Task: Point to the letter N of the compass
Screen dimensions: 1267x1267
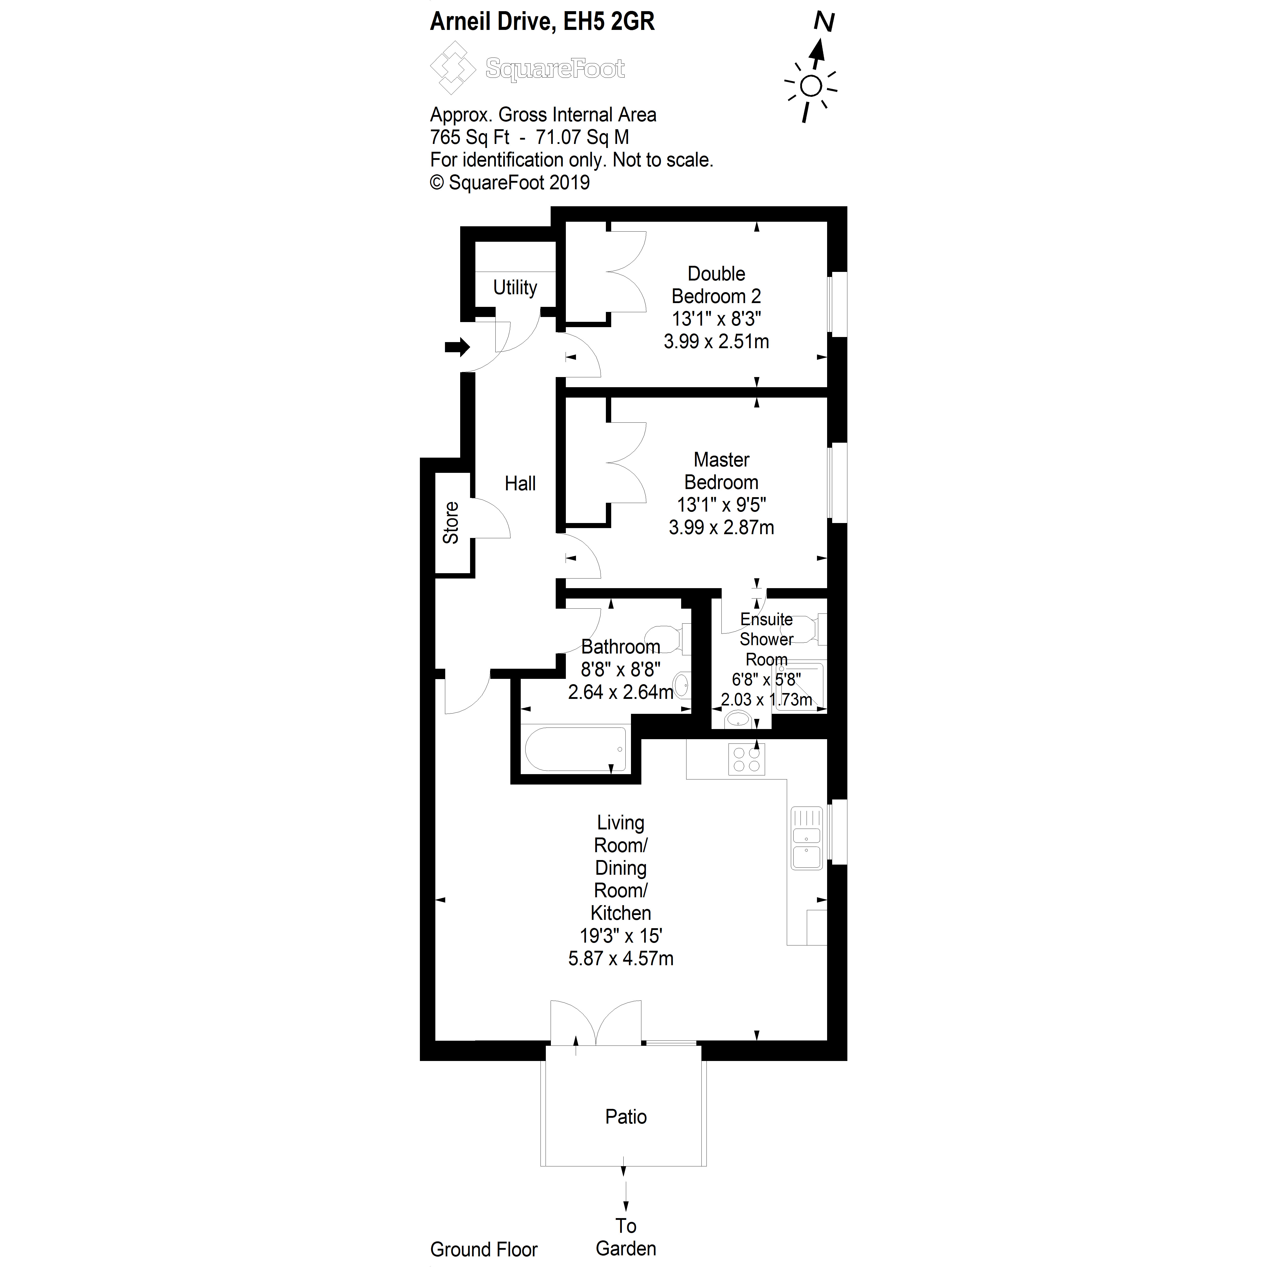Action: point(824,22)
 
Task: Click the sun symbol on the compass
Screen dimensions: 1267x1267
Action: point(811,86)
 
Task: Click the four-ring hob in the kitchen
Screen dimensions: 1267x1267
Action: point(746,759)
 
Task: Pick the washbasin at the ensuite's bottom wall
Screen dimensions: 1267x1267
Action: point(738,719)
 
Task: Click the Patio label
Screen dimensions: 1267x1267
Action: point(626,1116)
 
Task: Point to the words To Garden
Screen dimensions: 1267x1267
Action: point(626,1237)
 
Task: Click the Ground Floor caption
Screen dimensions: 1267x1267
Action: point(484,1249)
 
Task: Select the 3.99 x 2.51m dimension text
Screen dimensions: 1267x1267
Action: point(716,342)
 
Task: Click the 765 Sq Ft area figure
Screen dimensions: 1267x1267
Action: point(470,137)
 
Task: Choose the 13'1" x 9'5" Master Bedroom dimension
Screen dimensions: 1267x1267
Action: point(721,505)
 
